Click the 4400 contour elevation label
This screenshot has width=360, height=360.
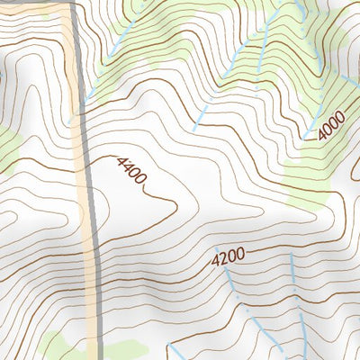pyautogui.click(x=131, y=171)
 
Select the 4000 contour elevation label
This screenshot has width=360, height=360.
pyautogui.click(x=329, y=125)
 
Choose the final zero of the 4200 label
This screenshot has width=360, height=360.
pyautogui.click(x=240, y=256)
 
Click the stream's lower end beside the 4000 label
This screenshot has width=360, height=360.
pyautogui.click(x=309, y=139)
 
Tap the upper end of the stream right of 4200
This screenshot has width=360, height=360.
pyautogui.click(x=290, y=255)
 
